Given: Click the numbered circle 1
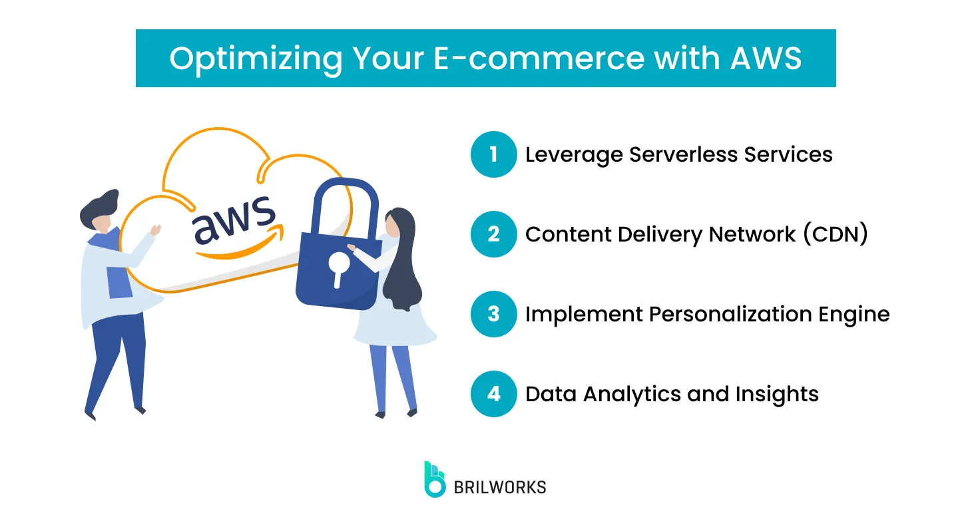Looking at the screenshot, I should [x=493, y=154].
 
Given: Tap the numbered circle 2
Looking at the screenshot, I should [x=493, y=234].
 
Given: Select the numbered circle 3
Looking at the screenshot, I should [x=493, y=314].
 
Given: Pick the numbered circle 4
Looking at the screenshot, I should [x=493, y=394].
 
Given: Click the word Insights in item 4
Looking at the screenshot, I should [x=777, y=394].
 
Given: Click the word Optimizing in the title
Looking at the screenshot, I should [x=255, y=59].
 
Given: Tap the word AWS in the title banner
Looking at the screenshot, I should [x=766, y=59].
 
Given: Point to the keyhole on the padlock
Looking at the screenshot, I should [x=339, y=266].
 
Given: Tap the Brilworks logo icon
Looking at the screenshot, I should [x=435, y=479].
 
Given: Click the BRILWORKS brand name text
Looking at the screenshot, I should [x=499, y=487].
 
